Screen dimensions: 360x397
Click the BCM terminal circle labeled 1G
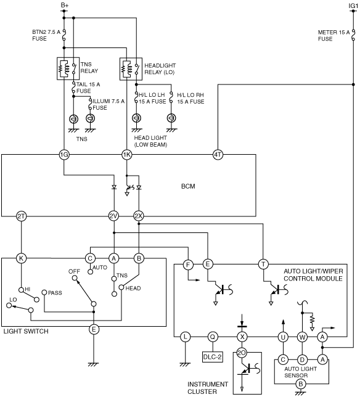(x=64, y=155)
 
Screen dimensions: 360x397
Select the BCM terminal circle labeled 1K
(x=127, y=155)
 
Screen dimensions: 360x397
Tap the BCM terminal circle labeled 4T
(x=218, y=155)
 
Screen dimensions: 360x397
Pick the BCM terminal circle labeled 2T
(x=21, y=216)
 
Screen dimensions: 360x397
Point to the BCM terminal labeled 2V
(x=113, y=216)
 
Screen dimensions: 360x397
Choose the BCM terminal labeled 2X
(x=139, y=216)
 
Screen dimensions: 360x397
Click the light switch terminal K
(x=21, y=258)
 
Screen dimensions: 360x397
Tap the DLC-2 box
(x=213, y=357)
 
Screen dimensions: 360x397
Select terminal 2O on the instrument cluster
(x=242, y=353)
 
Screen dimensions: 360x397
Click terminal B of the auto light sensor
(x=301, y=384)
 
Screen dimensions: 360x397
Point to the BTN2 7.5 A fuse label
(x=46, y=36)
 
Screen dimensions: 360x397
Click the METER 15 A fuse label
(x=333, y=36)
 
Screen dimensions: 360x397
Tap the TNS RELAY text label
(x=89, y=68)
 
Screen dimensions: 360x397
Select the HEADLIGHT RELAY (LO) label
(x=160, y=69)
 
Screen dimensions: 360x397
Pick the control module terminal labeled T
(x=263, y=264)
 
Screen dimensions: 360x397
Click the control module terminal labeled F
(x=188, y=265)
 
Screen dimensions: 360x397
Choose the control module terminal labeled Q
(x=213, y=337)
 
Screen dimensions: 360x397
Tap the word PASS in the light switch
(x=55, y=293)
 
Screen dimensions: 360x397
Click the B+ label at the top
(x=65, y=5)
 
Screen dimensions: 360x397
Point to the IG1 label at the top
(x=353, y=6)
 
